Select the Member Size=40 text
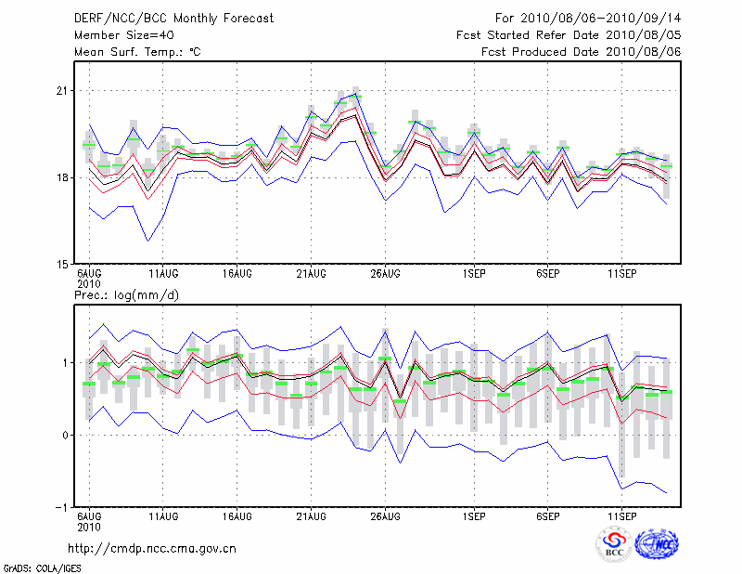(x=120, y=35)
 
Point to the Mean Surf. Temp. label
(x=136, y=52)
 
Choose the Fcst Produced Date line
(x=582, y=52)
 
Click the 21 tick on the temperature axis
(x=62, y=91)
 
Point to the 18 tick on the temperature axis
(x=62, y=177)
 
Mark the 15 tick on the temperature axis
(x=62, y=264)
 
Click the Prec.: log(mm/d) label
(x=125, y=295)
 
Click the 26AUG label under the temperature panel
(x=385, y=274)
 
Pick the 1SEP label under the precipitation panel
(x=474, y=515)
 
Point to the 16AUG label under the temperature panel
(x=237, y=274)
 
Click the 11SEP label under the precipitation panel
(x=621, y=515)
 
